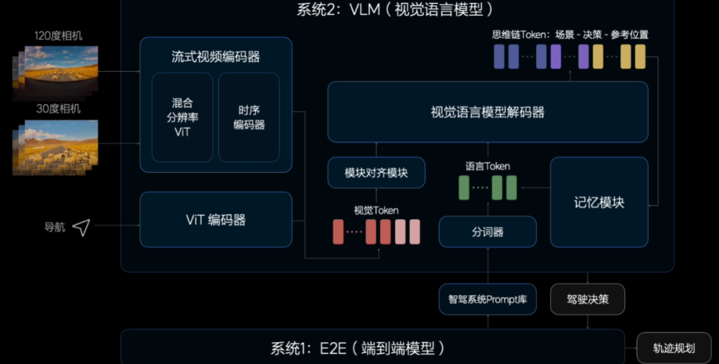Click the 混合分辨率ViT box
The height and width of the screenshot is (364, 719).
pyautogui.click(x=182, y=117)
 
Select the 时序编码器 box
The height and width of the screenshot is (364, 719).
pyautogui.click(x=249, y=117)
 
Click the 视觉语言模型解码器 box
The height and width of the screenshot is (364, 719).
pyautogui.click(x=487, y=112)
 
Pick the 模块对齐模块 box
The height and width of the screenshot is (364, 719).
pyautogui.click(x=376, y=173)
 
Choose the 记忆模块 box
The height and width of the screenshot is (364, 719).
pyautogui.click(x=599, y=202)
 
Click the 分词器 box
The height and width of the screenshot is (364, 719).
pyautogui.click(x=487, y=232)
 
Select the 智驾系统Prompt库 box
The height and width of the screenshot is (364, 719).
pyautogui.click(x=487, y=299)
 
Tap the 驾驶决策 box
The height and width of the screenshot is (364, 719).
pyautogui.click(x=587, y=299)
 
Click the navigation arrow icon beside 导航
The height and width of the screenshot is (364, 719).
pyautogui.click(x=81, y=228)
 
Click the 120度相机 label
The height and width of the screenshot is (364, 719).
pyautogui.click(x=59, y=36)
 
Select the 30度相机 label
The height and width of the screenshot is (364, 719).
pyautogui.click(x=59, y=108)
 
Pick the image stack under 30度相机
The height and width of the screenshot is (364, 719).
pyautogui.click(x=56, y=146)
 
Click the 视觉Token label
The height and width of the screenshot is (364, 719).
pyautogui.click(x=376, y=210)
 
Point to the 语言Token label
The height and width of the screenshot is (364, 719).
pyautogui.click(x=488, y=166)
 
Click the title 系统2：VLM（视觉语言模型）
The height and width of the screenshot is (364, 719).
pyautogui.click(x=397, y=9)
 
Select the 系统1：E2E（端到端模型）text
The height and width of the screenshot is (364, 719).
pyautogui.click(x=358, y=348)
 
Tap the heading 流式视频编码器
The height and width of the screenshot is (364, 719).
pyautogui.click(x=216, y=57)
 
